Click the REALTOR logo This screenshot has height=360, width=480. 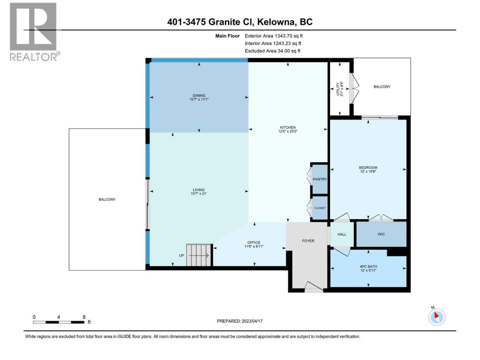pyautogui.click(x=33, y=32)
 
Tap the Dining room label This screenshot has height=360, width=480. pyautogui.click(x=199, y=96)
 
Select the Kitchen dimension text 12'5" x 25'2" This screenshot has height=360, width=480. pyautogui.click(x=288, y=131)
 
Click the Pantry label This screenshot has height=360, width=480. pyautogui.click(x=320, y=179)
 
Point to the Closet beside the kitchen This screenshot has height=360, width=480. pyautogui.click(x=320, y=208)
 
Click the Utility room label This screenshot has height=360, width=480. pyautogui.click(x=338, y=89)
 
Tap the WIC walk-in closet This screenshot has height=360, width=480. pyautogui.click(x=381, y=234)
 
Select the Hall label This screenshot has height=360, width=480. pyautogui.click(x=342, y=234)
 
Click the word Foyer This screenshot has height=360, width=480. pyautogui.click(x=308, y=241)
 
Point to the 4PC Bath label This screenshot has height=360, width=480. pyautogui.click(x=368, y=267)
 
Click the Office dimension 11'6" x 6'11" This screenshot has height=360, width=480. pyautogui.click(x=253, y=246)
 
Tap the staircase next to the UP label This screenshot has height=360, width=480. pyautogui.click(x=199, y=255)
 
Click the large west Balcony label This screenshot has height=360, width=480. pyautogui.click(x=107, y=199)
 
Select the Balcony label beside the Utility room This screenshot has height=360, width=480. pyautogui.click(x=382, y=87)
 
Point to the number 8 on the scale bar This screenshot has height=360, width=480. pyautogui.click(x=84, y=317)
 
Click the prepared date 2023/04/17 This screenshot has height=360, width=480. pyautogui.click(x=252, y=321)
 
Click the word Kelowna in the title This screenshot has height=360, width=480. pyautogui.click(x=276, y=22)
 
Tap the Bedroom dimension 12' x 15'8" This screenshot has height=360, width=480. pyautogui.click(x=368, y=172)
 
